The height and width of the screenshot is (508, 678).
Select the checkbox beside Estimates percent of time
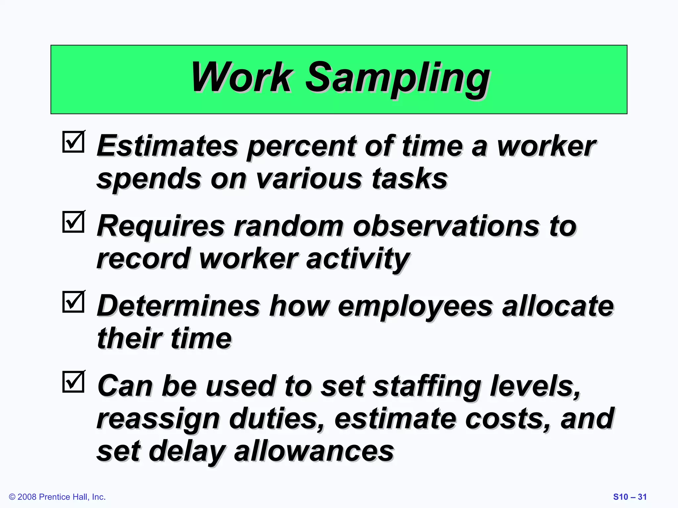73,142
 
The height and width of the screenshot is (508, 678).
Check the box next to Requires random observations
73,222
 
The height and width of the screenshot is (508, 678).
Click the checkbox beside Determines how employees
73,302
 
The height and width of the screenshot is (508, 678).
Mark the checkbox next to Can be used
73,381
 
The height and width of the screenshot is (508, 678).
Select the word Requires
161,227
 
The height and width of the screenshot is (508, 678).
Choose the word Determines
178,306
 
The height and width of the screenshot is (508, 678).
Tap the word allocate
558,306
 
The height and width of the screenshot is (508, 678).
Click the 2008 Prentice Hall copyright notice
57,497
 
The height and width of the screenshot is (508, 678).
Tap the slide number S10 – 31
630,497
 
